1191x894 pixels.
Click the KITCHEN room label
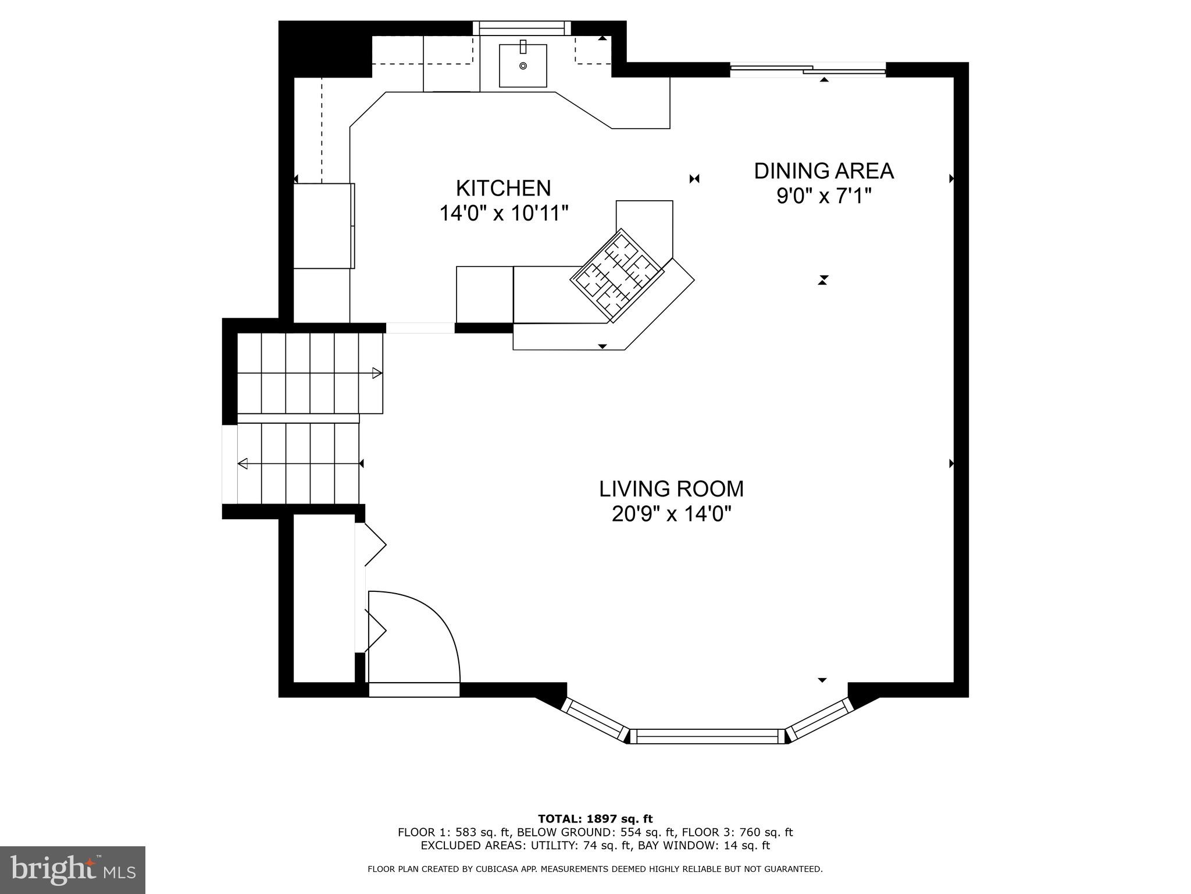[x=503, y=189]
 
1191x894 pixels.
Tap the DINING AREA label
[x=823, y=171]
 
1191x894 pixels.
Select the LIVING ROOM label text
[x=671, y=489]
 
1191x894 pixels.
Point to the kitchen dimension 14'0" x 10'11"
[x=503, y=214]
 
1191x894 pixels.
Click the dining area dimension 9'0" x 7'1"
[x=823, y=196]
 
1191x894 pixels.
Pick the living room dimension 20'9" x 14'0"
[x=671, y=515]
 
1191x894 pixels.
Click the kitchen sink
[x=523, y=66]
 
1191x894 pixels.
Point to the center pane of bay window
[x=708, y=736]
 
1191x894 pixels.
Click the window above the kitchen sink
[x=521, y=28]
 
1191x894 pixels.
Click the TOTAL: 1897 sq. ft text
[x=595, y=819]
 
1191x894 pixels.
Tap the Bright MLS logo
[x=73, y=870]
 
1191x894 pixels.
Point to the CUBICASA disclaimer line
[x=595, y=870]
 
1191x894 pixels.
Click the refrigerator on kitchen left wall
[x=323, y=226]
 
